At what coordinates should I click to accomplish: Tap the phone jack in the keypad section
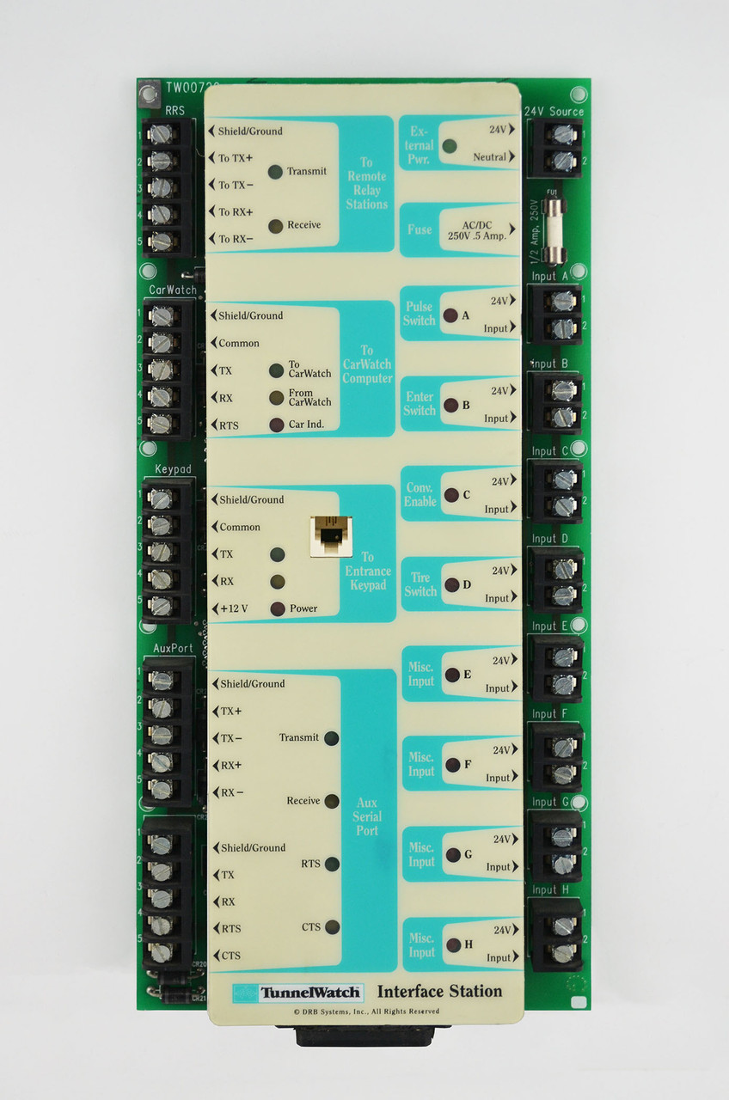tap(330, 535)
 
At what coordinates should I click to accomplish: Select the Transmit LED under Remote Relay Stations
tap(275, 172)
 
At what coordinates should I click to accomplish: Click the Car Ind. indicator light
tap(276, 425)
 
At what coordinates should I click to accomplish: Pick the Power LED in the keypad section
tap(277, 609)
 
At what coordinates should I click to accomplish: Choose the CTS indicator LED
tap(332, 926)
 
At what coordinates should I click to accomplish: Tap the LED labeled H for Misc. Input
tap(452, 945)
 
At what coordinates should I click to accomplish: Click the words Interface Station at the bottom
tap(439, 991)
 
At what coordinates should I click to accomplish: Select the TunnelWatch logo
tap(298, 993)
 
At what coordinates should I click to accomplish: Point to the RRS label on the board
tap(175, 109)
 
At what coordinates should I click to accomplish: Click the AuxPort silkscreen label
tap(174, 648)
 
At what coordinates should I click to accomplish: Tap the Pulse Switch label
tap(420, 314)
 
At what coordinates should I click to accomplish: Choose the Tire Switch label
tap(420, 584)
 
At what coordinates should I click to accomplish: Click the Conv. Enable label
tap(420, 494)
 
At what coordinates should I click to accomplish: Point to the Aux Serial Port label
tap(368, 816)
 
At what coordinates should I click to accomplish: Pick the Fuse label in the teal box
tap(420, 229)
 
